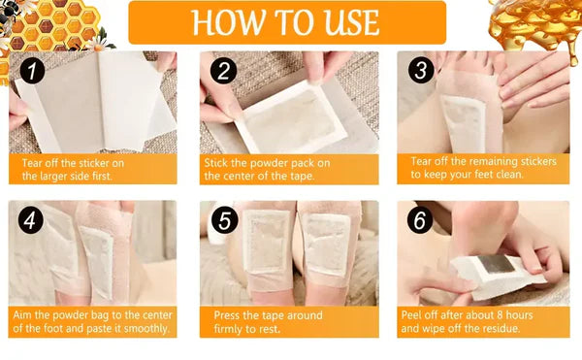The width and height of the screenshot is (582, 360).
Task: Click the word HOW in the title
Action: pos(228,21)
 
